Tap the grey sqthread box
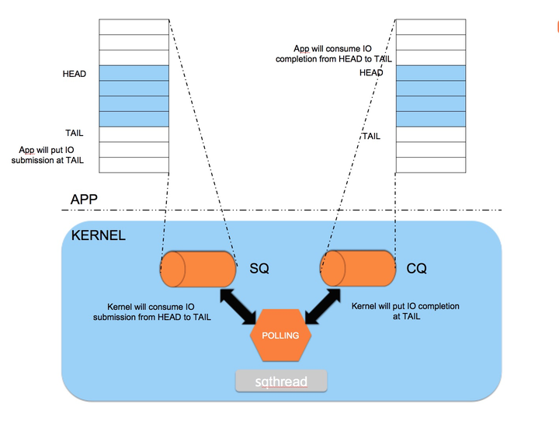click(x=282, y=381)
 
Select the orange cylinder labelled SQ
click(x=198, y=270)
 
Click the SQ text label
click(x=259, y=269)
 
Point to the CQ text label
click(x=417, y=269)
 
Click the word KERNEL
click(x=98, y=235)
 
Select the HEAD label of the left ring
click(x=75, y=74)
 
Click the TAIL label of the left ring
click(x=75, y=133)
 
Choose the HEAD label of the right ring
click(x=371, y=73)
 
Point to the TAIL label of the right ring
click(x=371, y=136)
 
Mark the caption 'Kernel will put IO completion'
click(x=405, y=311)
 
